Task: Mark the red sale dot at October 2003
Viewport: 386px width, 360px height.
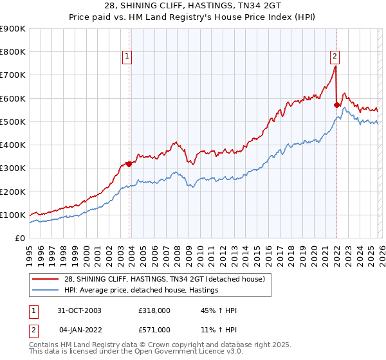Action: [129, 164]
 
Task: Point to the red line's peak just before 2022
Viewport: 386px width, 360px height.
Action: [335, 66]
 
